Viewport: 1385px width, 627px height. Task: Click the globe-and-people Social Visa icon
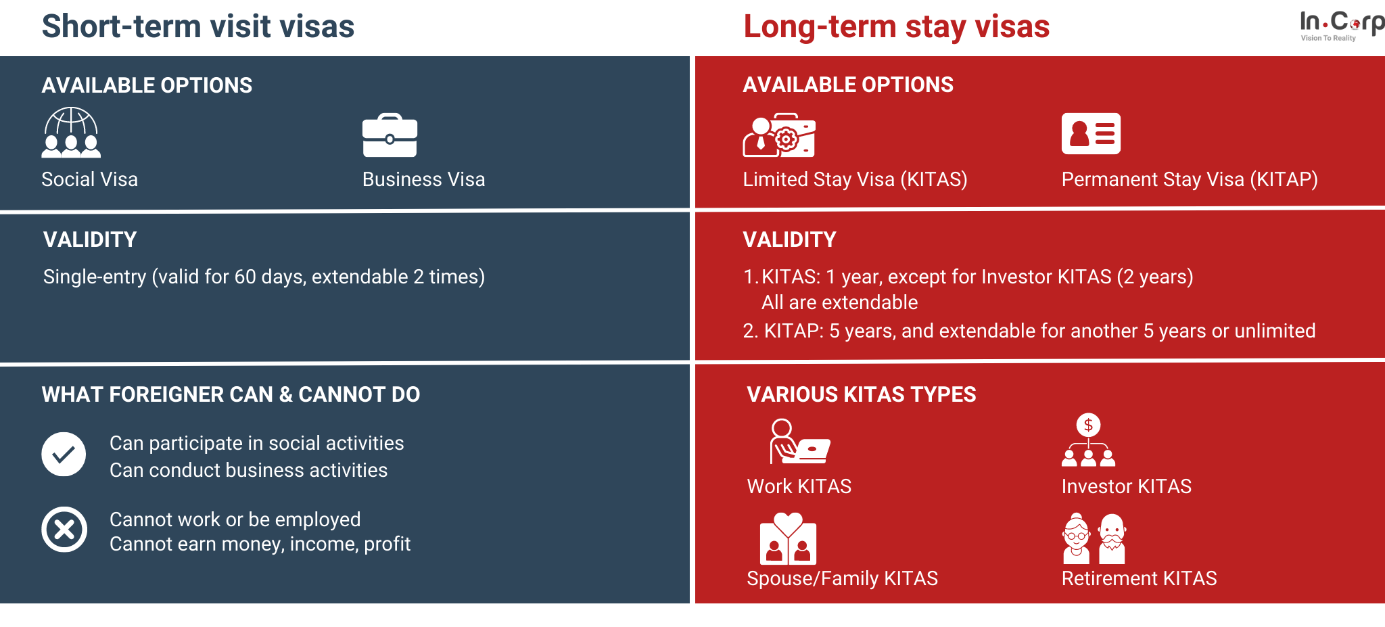click(x=71, y=133)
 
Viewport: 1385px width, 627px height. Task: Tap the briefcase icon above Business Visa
click(x=390, y=135)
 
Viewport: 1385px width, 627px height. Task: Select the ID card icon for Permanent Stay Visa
click(x=1091, y=133)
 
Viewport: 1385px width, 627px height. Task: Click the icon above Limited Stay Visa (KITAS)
click(x=779, y=135)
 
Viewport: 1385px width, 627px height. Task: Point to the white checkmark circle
click(x=64, y=454)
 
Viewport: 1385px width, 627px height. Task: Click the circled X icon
click(x=64, y=530)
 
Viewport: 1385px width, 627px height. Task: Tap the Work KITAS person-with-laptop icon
click(x=799, y=441)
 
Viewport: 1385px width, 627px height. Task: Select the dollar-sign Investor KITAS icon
click(x=1088, y=440)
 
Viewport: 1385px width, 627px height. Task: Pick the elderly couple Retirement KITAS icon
click(x=1094, y=538)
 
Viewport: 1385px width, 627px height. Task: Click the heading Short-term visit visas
click(x=198, y=26)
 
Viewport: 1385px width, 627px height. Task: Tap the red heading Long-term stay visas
click(x=897, y=27)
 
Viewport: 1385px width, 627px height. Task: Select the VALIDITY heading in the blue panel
click(x=90, y=239)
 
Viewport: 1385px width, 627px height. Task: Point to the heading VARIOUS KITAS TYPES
click(x=862, y=394)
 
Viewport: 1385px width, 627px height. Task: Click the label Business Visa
click(x=424, y=179)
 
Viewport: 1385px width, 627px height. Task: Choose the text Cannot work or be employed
click(x=235, y=519)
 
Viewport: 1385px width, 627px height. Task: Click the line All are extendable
click(x=840, y=302)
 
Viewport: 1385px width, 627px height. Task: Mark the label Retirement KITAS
click(x=1140, y=578)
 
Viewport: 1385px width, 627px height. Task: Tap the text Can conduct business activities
click(x=249, y=470)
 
